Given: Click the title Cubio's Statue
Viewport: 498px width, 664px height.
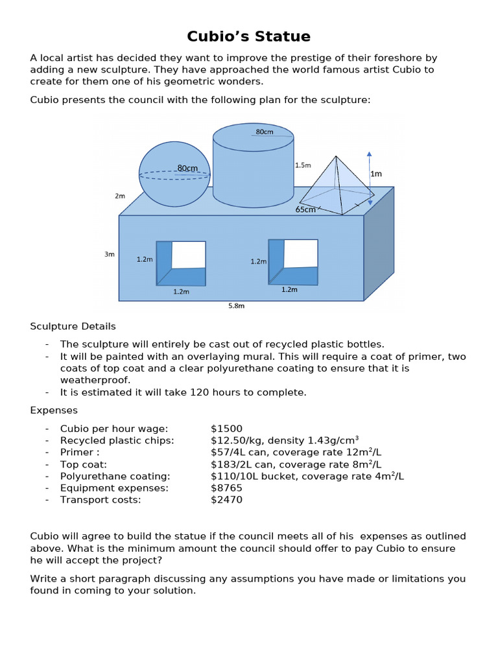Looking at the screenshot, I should tap(248, 36).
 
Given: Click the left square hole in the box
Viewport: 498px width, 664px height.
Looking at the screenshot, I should tap(181, 263).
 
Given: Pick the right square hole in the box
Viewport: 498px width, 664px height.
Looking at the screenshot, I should tap(293, 262).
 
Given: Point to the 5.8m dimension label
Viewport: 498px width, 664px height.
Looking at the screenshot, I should tap(236, 306).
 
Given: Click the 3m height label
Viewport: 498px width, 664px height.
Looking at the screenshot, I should tap(109, 254).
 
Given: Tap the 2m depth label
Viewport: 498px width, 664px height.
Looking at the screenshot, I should tap(120, 195).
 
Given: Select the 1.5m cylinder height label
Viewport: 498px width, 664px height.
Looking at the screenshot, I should tap(303, 165).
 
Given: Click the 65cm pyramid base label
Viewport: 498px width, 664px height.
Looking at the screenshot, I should tap(305, 209).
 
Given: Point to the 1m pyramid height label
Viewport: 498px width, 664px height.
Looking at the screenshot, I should tap(376, 174).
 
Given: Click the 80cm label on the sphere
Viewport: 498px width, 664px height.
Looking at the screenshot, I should tap(187, 168).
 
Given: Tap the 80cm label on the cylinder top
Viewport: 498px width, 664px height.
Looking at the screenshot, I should tap(265, 132).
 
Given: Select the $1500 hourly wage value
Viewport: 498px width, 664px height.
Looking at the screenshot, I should tap(226, 429).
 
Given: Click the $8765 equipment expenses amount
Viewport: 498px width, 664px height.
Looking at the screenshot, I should tap(226, 488).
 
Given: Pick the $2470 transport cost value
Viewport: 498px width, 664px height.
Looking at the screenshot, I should tap(226, 500).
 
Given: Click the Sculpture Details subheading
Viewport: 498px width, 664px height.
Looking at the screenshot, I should tap(73, 326).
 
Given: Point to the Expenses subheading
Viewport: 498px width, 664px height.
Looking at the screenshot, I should tap(54, 410).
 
